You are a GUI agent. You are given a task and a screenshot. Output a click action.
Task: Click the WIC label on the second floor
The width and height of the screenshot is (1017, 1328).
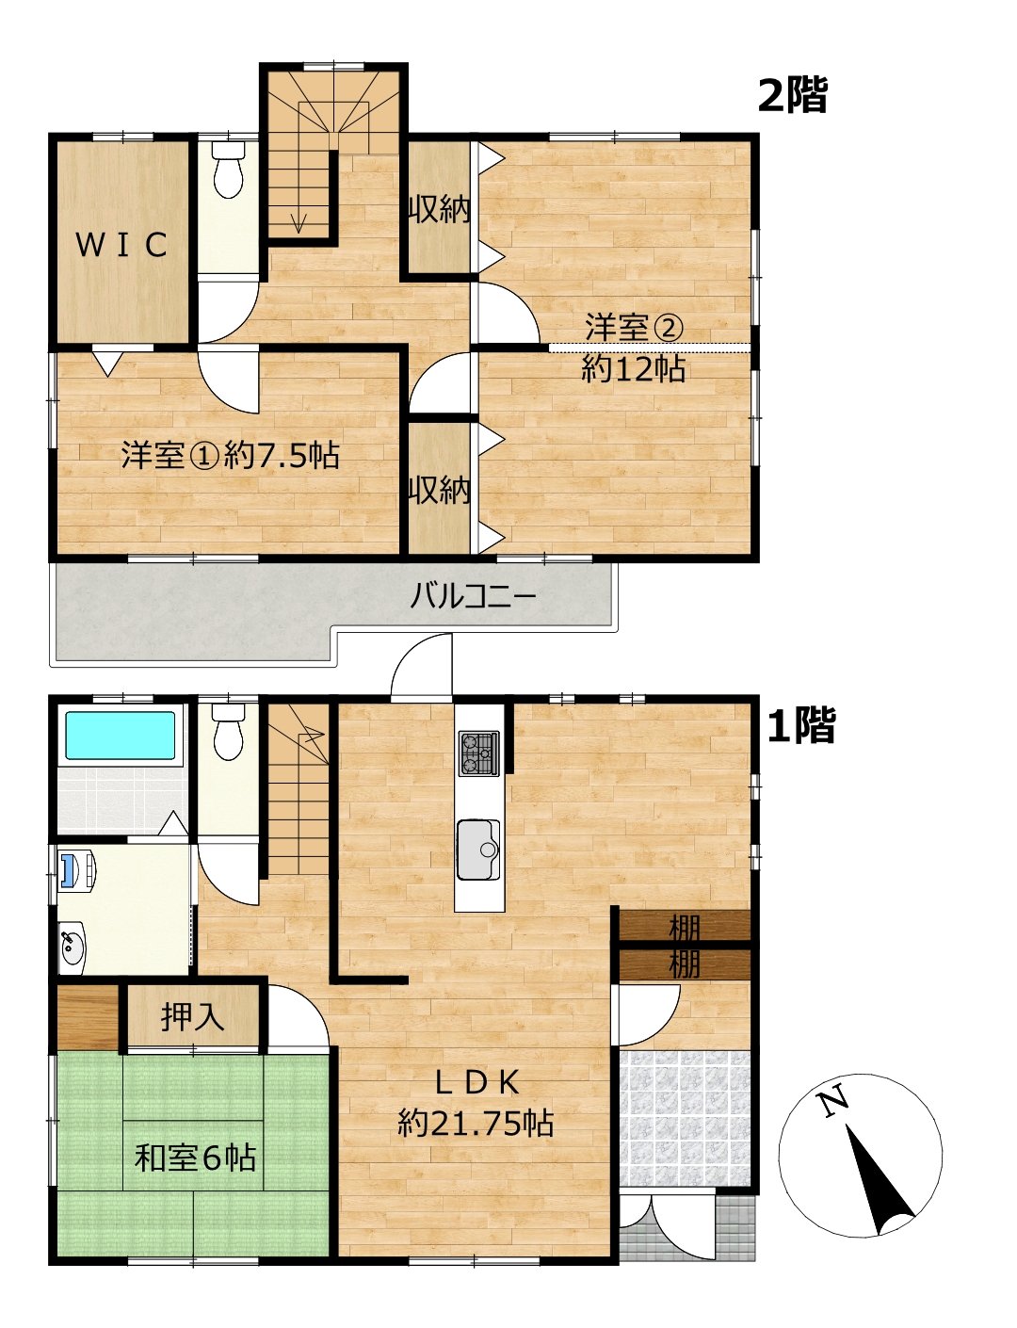(x=121, y=245)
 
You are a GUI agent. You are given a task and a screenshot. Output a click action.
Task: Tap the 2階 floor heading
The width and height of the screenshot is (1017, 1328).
(x=792, y=95)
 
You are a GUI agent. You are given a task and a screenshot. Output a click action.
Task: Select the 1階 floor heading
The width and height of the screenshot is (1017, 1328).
(x=800, y=725)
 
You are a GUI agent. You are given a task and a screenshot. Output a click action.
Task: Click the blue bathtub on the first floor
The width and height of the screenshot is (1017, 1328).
(x=120, y=736)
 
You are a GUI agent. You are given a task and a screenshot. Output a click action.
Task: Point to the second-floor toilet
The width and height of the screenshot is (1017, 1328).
(x=229, y=170)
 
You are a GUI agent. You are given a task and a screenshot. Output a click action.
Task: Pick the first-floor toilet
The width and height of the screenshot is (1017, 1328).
(x=229, y=731)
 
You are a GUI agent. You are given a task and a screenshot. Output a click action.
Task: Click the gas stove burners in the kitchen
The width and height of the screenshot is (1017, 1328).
(x=479, y=753)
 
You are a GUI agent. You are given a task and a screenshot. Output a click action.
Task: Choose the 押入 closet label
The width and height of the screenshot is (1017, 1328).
(x=192, y=1017)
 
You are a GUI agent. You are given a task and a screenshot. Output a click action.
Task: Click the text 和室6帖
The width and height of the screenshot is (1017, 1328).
(x=195, y=1157)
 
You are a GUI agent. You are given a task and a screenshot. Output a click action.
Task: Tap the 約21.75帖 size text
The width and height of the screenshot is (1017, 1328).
(x=476, y=1123)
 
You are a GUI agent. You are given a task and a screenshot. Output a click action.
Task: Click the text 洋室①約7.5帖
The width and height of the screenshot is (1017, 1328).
(x=230, y=455)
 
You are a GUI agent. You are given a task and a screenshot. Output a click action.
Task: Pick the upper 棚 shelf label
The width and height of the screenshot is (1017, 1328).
(x=684, y=930)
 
